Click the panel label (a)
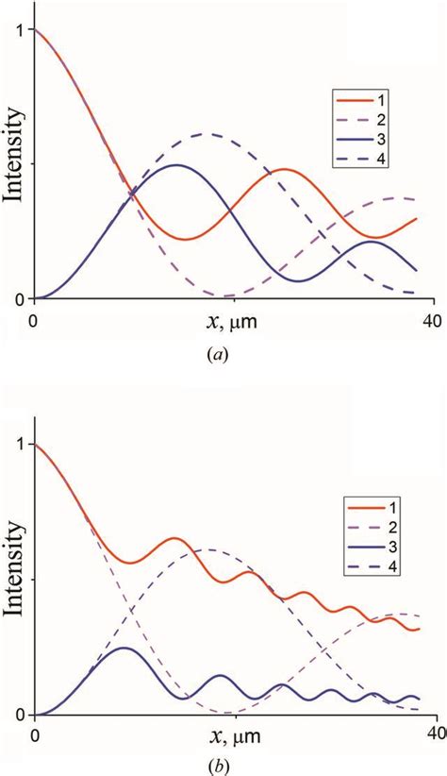(x=223, y=355)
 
